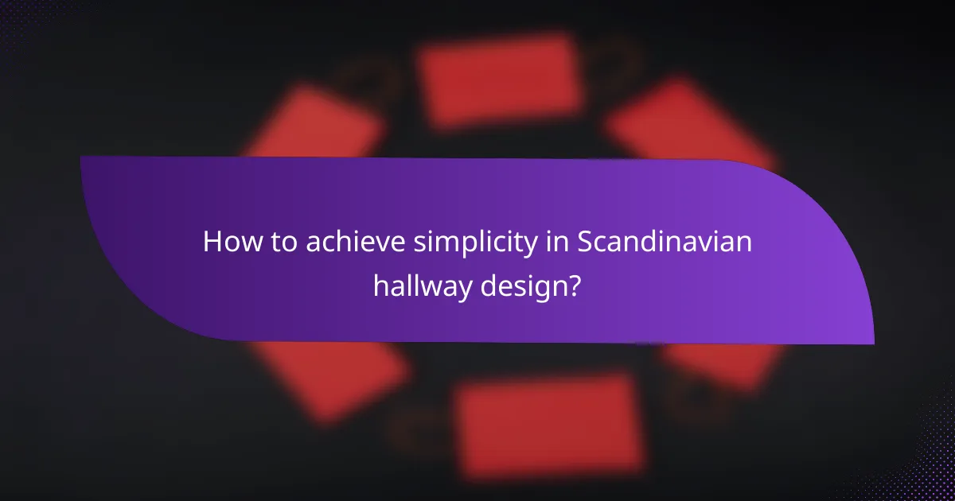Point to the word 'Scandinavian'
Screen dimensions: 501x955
click(x=665, y=242)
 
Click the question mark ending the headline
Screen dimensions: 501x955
click(x=572, y=284)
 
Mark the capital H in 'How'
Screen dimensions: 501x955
click(x=212, y=242)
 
